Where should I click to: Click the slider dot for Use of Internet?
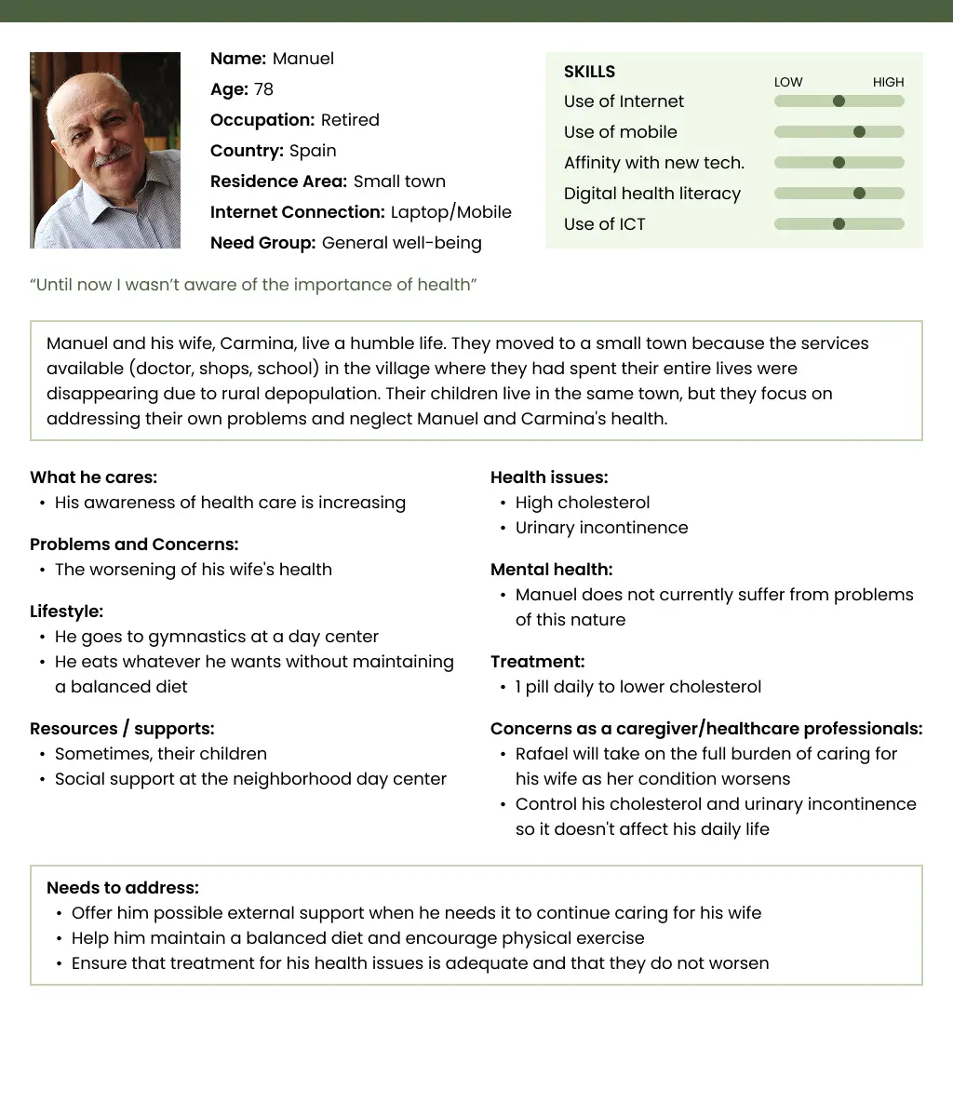839,101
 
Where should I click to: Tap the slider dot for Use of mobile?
859,132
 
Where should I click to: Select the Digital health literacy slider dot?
859,194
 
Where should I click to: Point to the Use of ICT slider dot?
839,224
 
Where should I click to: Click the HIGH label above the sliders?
888,82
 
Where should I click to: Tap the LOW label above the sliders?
788,82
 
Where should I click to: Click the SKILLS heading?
589,72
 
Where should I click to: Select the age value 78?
263,89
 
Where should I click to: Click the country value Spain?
313,151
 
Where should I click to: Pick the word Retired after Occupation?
350,120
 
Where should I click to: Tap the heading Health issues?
549,477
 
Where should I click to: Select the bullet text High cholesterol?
583,503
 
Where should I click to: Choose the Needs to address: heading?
123,888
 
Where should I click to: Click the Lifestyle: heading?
66,612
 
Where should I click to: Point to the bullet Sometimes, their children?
161,754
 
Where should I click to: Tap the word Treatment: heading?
537,662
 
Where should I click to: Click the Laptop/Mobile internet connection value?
451,212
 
